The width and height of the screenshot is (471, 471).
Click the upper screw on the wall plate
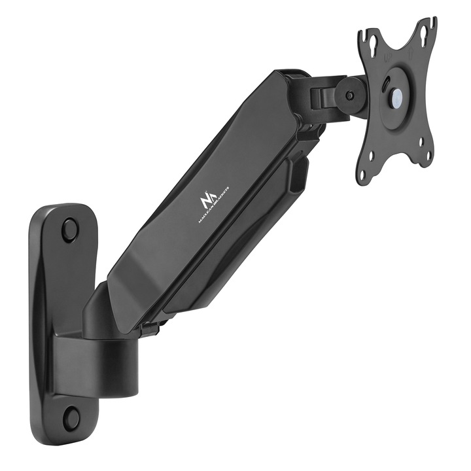(69, 230)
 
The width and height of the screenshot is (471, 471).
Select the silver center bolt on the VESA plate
(396, 96)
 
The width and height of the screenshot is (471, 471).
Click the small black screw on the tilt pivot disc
(351, 96)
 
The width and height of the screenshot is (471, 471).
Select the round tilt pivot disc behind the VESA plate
(347, 95)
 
